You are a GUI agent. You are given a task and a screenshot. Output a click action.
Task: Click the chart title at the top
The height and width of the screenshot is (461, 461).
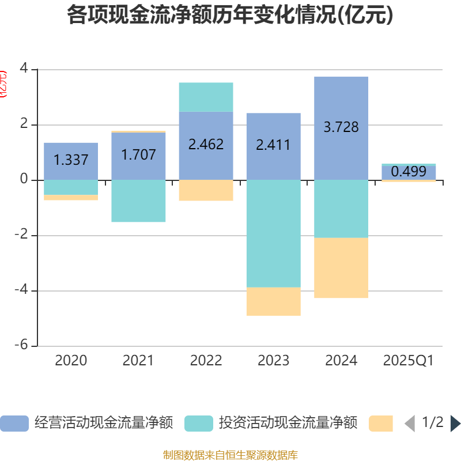(230, 16)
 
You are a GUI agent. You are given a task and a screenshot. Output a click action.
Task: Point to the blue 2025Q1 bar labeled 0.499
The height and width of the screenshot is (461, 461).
(409, 172)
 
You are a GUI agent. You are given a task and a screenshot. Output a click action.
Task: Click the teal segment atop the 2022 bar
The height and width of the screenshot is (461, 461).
(206, 97)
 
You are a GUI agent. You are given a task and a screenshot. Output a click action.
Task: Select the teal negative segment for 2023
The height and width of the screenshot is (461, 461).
(273, 233)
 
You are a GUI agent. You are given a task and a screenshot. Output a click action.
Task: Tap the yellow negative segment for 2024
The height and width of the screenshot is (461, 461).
(341, 268)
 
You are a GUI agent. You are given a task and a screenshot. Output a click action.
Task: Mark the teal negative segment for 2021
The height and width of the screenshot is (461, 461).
(138, 201)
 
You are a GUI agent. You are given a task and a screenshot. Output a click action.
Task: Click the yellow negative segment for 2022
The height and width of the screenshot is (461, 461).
(206, 190)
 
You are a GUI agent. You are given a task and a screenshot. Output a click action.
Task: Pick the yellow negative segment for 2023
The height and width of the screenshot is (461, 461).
(273, 301)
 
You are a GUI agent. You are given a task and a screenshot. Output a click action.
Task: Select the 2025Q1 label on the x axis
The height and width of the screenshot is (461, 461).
(409, 361)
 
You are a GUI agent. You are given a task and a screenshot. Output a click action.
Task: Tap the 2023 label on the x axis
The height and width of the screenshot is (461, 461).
(273, 361)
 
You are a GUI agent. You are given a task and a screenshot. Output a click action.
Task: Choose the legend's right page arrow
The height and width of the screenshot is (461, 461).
(455, 424)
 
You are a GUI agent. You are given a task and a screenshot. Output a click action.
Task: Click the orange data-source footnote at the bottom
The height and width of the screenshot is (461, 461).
(230, 455)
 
